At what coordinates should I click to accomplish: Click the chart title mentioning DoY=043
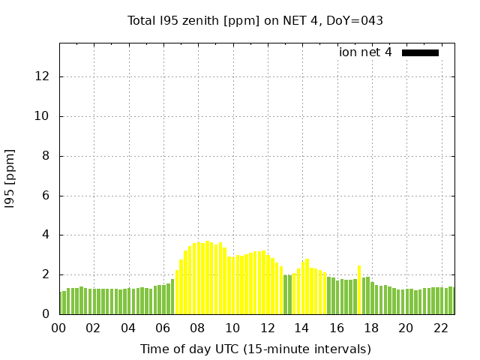pyautogui.click(x=255, y=20)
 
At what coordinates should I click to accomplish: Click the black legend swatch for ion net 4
pyautogui.click(x=420, y=52)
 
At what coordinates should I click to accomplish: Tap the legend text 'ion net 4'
pyautogui.click(x=365, y=52)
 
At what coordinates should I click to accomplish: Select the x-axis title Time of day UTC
pyautogui.click(x=255, y=349)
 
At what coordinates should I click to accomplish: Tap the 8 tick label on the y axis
pyautogui.click(x=46, y=156)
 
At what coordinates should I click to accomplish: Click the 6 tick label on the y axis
pyautogui.click(x=46, y=196)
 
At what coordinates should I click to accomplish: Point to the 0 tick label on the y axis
pyautogui.click(x=46, y=314)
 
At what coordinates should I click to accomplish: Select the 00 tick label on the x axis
pyautogui.click(x=58, y=328)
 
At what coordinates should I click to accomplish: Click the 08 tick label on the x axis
pyautogui.click(x=198, y=328)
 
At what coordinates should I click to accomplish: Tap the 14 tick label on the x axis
pyautogui.click(x=302, y=328)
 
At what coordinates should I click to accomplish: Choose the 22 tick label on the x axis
pyautogui.click(x=441, y=328)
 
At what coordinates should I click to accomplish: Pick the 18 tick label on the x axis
pyautogui.click(x=371, y=328)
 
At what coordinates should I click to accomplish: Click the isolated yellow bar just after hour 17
pyautogui.click(x=359, y=289)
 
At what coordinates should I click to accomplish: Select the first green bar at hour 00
pyautogui.click(x=61, y=303)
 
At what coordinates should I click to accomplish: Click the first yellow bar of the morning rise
pyautogui.click(x=177, y=292)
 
